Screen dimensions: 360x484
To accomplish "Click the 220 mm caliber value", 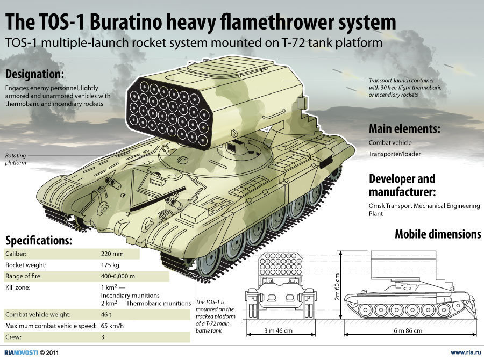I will tap(112, 253).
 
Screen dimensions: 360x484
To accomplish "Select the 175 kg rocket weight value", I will tap(111, 265).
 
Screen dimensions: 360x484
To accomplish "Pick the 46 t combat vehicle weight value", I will tap(107, 314).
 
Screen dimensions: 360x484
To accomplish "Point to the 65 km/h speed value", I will tap(113, 326).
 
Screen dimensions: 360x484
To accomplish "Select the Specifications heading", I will tap(39, 240).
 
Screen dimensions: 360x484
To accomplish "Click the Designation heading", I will tap(35, 74).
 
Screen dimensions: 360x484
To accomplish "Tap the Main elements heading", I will tap(404, 129).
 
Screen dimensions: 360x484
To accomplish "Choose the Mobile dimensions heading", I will tap(438, 234).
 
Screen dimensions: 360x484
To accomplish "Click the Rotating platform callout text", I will tap(16, 159).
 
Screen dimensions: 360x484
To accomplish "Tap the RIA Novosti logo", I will tap(21, 352).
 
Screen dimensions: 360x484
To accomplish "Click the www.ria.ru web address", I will tap(464, 352).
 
